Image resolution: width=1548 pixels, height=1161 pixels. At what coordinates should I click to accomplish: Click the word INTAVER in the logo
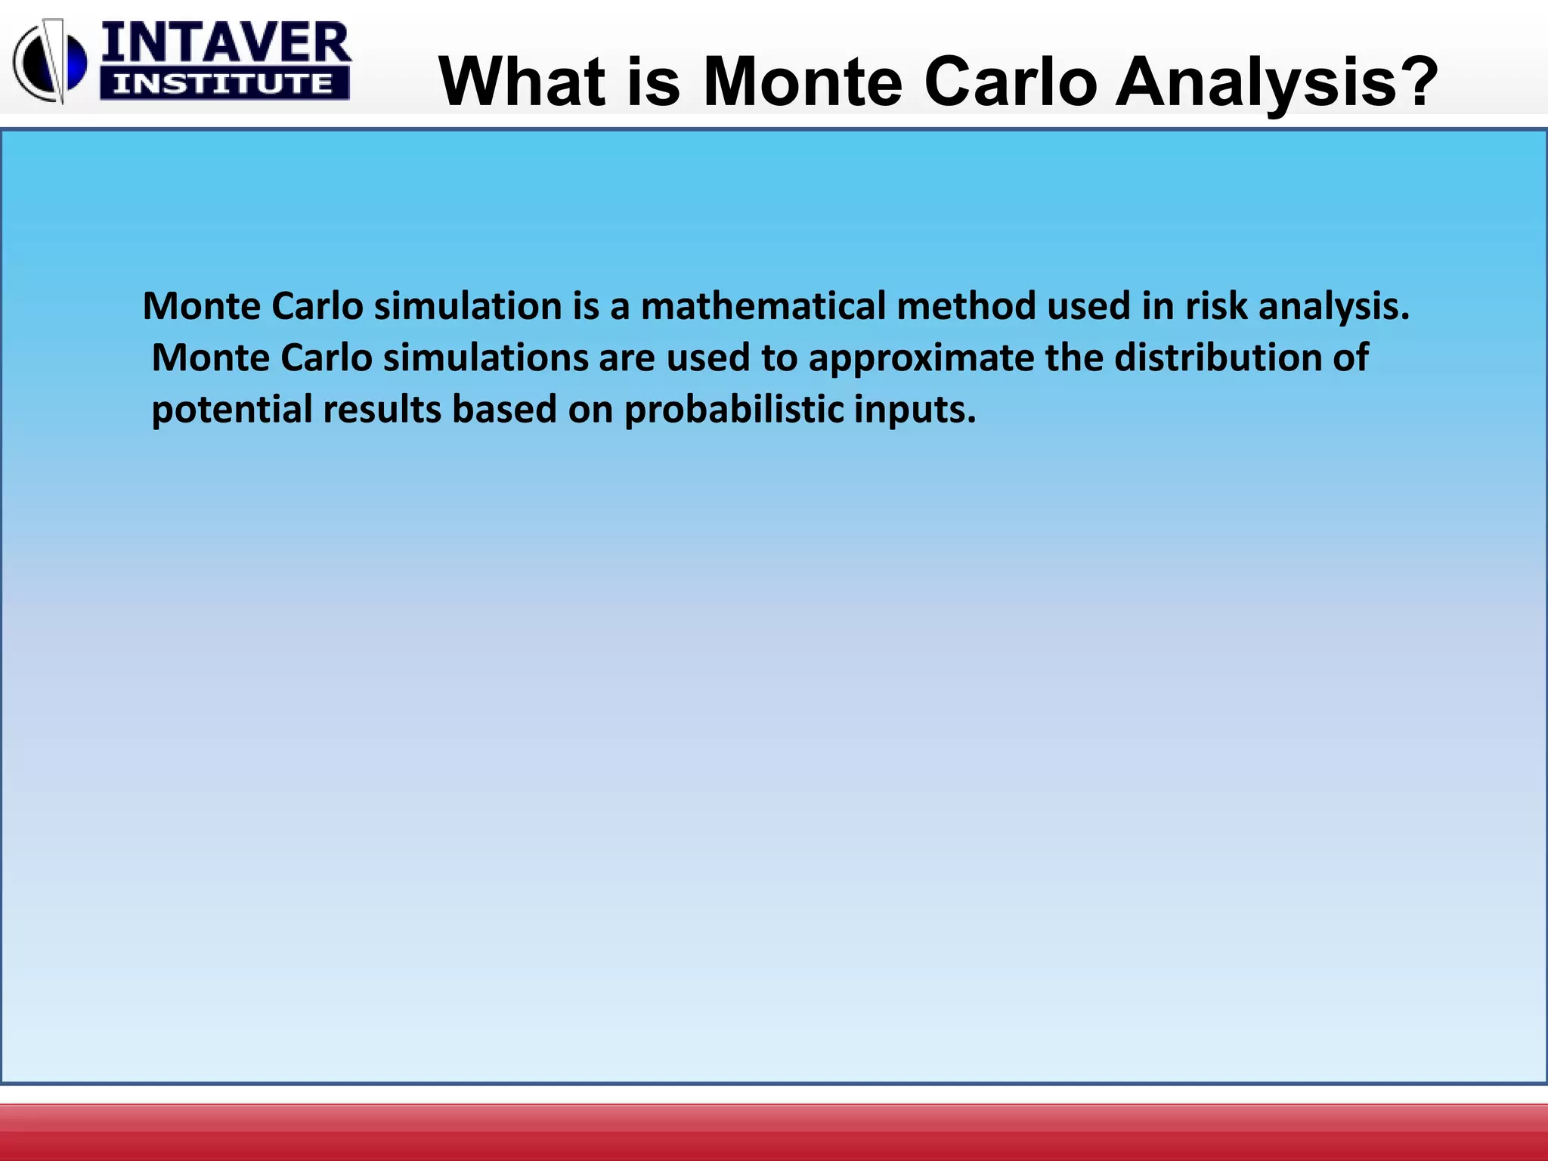point(225,43)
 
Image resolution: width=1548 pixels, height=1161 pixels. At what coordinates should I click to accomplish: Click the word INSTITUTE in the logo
point(224,84)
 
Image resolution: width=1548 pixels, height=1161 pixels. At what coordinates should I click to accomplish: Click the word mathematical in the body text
point(763,307)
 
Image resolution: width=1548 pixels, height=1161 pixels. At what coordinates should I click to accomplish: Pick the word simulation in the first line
point(467,307)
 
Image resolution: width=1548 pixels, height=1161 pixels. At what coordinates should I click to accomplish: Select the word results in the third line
point(382,410)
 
